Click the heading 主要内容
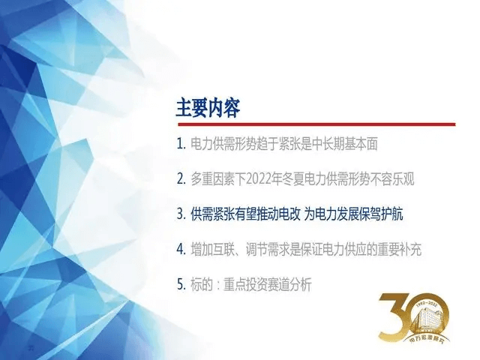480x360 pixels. click(208, 108)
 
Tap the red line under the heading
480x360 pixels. click(315, 124)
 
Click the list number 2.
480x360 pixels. click(181, 179)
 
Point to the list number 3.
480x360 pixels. click(181, 214)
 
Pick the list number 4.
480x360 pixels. click(181, 249)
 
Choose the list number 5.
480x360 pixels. click(181, 284)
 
